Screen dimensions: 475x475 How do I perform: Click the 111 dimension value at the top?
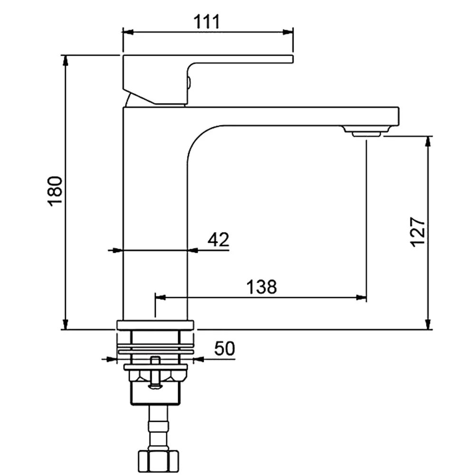tap(207, 22)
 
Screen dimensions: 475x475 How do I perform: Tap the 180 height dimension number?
tap(55, 191)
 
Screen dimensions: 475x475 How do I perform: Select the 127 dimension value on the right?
tap(418, 232)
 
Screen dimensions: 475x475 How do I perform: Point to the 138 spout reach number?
tap(261, 287)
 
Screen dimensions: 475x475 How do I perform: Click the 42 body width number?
tap(218, 239)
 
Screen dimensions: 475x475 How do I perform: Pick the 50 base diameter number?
tap(225, 348)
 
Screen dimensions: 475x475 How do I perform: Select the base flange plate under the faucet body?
tap(155, 325)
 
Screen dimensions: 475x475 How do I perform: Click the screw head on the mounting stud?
tap(155, 386)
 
